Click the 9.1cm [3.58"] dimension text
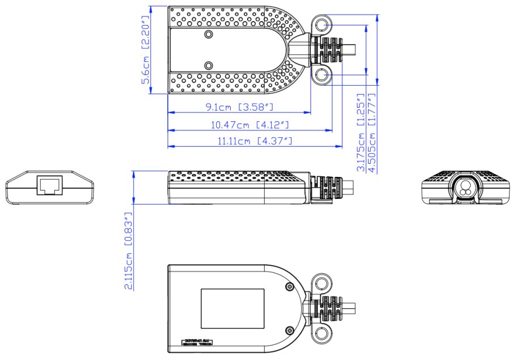pos(240,107)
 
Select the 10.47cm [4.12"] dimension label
pos(249,124)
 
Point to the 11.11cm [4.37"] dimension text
pos(255,141)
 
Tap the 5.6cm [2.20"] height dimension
pos(145,49)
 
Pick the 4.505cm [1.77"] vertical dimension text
pos(372,133)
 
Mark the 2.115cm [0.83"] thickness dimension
pos(129,251)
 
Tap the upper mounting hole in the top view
pos(323,26)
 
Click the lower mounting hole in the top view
pos(323,76)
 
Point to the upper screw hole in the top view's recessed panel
pos(209,36)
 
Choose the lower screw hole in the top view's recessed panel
pos(209,66)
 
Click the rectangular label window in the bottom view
pos(232,308)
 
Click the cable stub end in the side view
pos(350,187)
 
